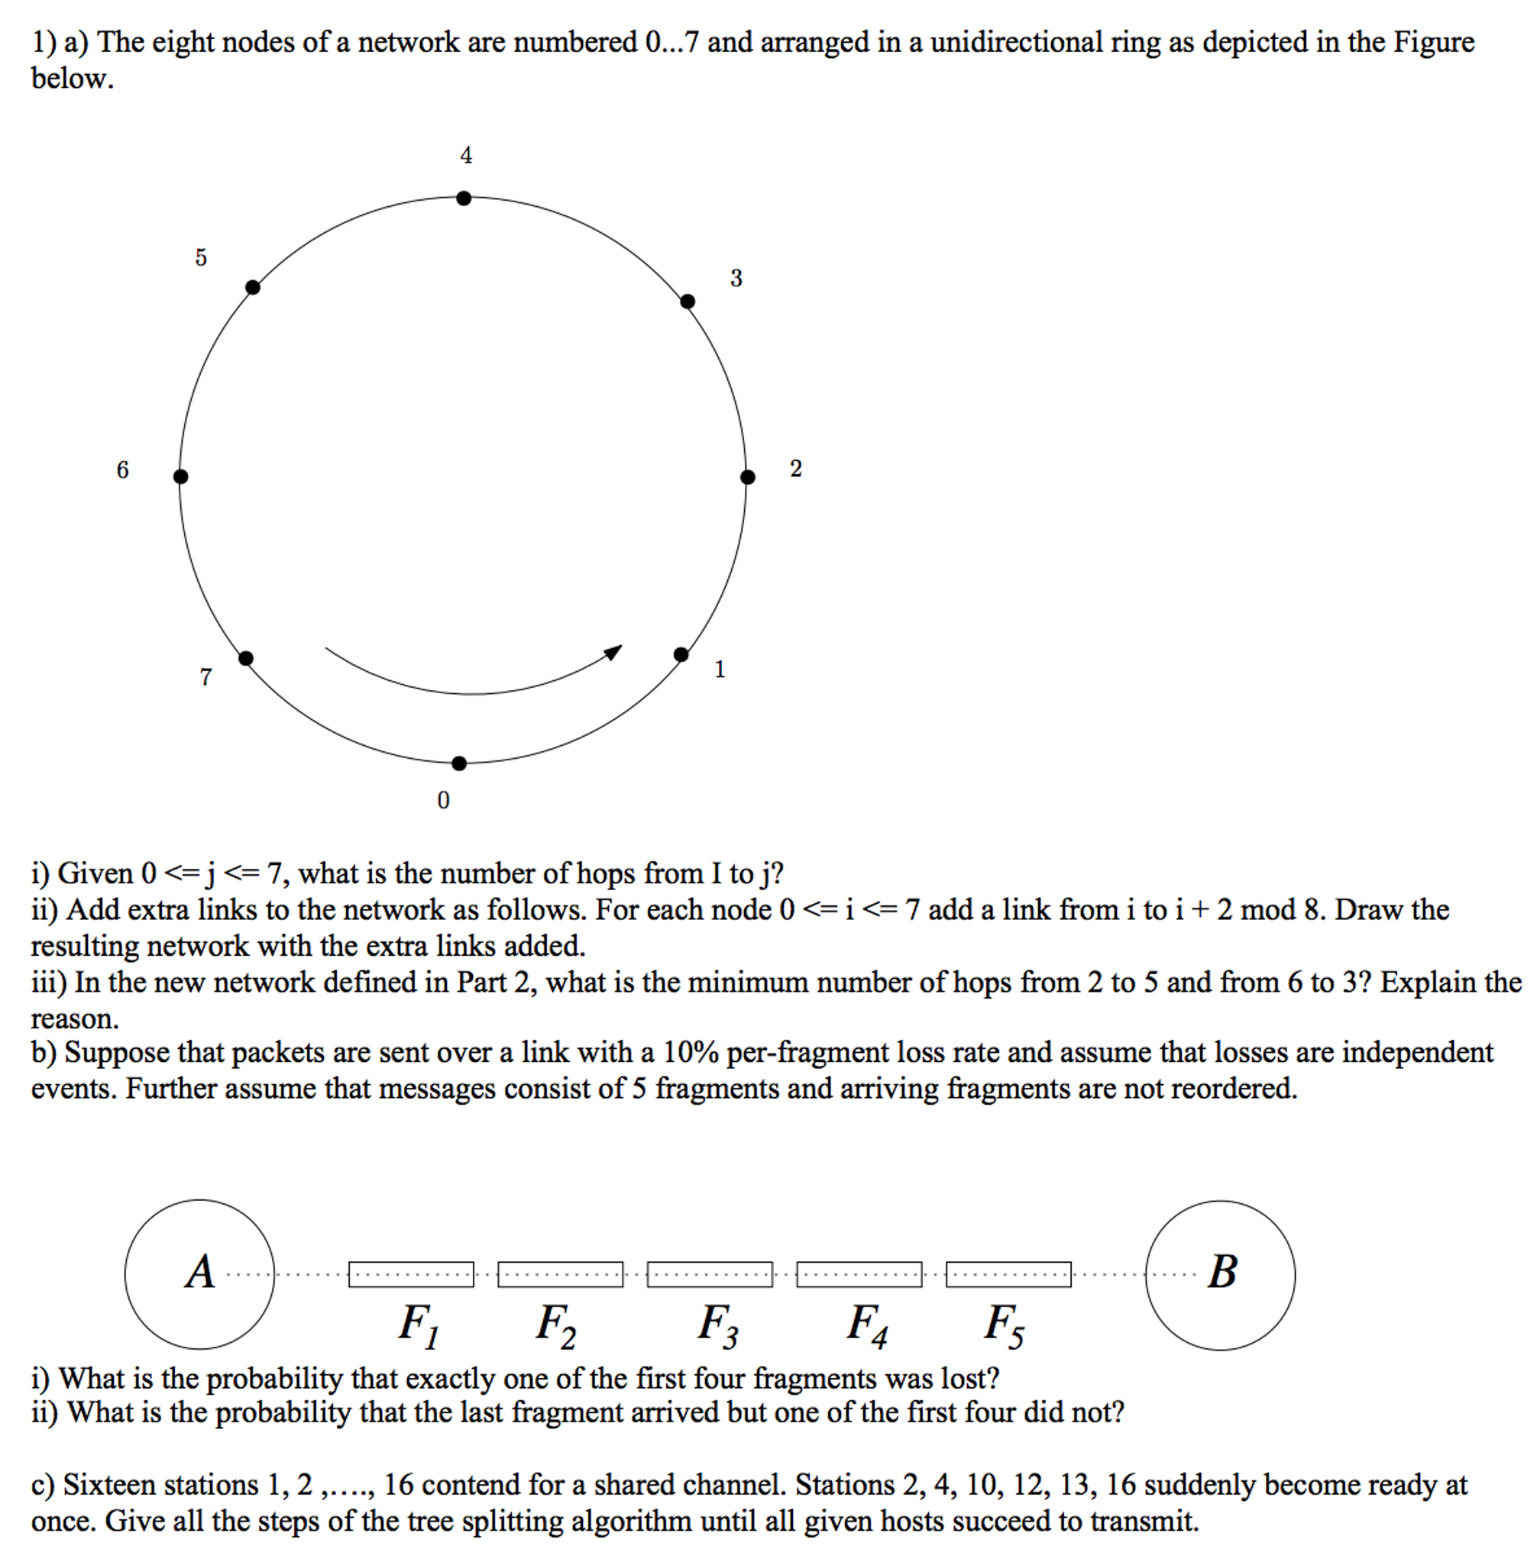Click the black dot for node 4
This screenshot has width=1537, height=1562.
pos(464,198)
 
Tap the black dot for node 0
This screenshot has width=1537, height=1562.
pos(458,763)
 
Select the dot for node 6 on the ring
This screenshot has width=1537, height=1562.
pos(181,476)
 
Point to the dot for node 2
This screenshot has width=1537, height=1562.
pos(748,477)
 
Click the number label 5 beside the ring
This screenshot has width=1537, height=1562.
pos(201,257)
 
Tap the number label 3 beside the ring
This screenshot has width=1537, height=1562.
pos(736,279)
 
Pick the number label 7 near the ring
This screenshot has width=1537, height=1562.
pos(205,676)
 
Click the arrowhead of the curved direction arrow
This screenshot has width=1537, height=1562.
pos(614,651)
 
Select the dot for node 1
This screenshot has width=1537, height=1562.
pos(681,654)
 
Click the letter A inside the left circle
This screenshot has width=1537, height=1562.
pos(200,1273)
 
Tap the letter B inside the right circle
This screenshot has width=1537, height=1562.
pos(1222,1273)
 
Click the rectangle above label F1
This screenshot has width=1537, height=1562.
pos(411,1274)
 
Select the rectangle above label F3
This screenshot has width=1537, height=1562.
pos(710,1274)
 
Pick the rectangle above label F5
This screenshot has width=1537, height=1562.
pos(1008,1274)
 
